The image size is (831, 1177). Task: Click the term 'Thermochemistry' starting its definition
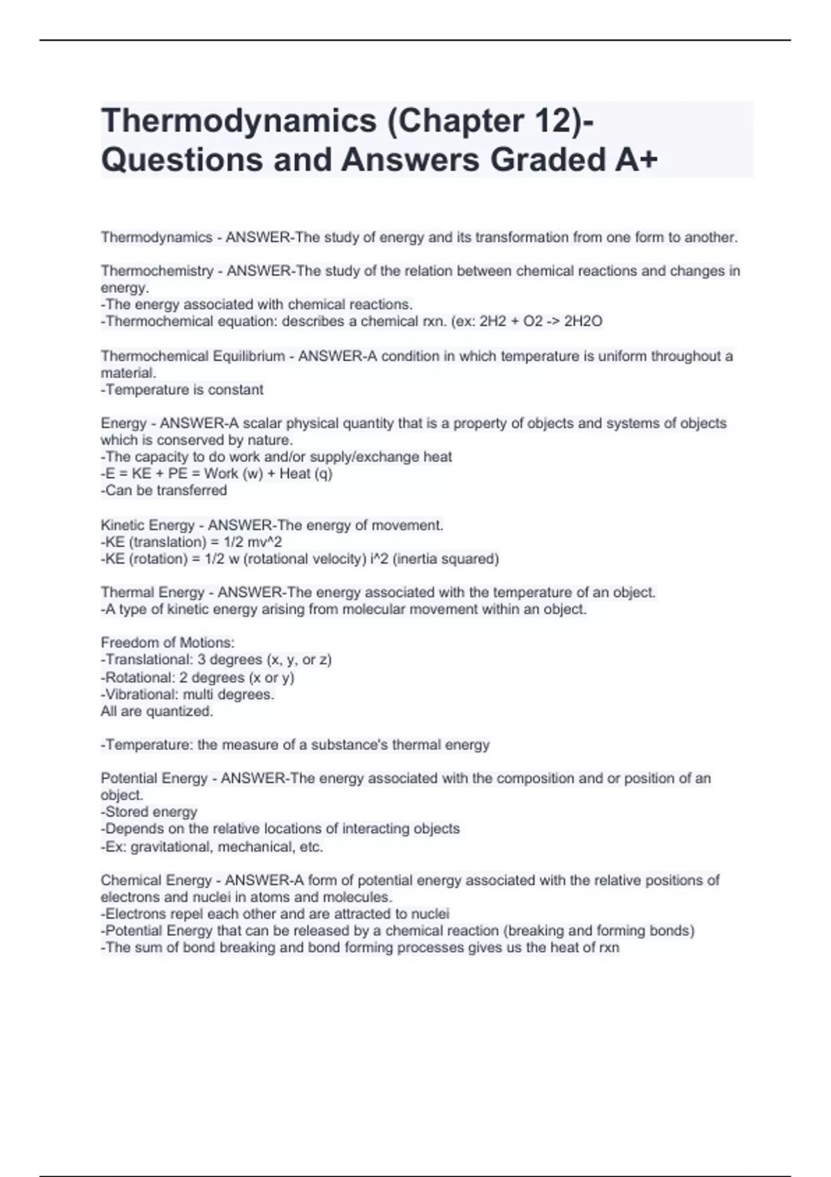pyautogui.click(x=157, y=271)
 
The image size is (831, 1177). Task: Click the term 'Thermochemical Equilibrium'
pyautogui.click(x=193, y=356)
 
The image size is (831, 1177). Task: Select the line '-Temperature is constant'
pyautogui.click(x=182, y=390)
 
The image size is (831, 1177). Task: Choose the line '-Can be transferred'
pyautogui.click(x=164, y=490)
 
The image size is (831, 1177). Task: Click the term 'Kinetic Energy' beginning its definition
pyautogui.click(x=148, y=525)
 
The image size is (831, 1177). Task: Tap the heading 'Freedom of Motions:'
pyautogui.click(x=168, y=643)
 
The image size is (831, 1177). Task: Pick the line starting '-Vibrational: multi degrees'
pyautogui.click(x=188, y=694)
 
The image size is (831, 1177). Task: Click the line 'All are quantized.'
pyautogui.click(x=157, y=711)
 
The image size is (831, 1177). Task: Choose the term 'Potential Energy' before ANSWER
pyautogui.click(x=154, y=778)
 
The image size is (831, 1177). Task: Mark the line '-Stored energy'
pyautogui.click(x=149, y=811)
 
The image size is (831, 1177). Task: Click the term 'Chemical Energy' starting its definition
pyautogui.click(x=156, y=880)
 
